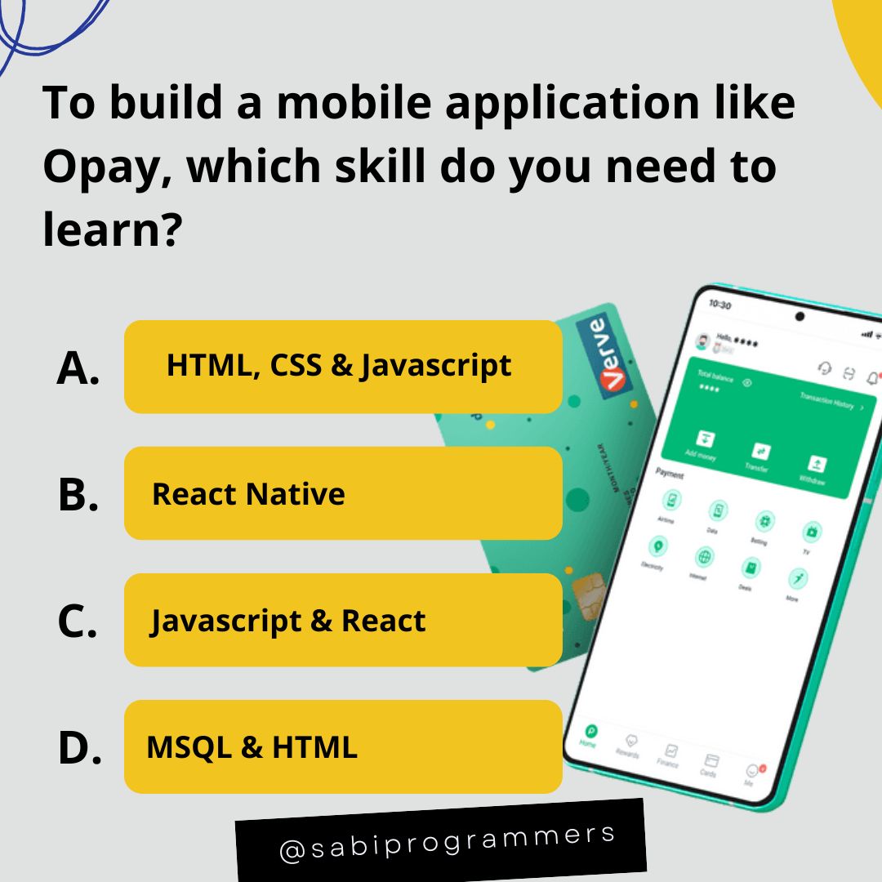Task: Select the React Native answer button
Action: [343, 493]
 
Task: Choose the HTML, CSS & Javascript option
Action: [343, 366]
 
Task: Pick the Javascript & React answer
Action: [343, 621]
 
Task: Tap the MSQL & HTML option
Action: [343, 746]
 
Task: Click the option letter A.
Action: [78, 368]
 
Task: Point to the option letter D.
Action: [79, 749]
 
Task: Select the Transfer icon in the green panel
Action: [761, 451]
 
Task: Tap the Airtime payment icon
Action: [672, 500]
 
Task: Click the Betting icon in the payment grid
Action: [764, 522]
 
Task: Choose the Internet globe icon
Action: [703, 557]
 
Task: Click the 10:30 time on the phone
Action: [720, 305]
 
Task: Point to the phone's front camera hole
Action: [800, 317]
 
